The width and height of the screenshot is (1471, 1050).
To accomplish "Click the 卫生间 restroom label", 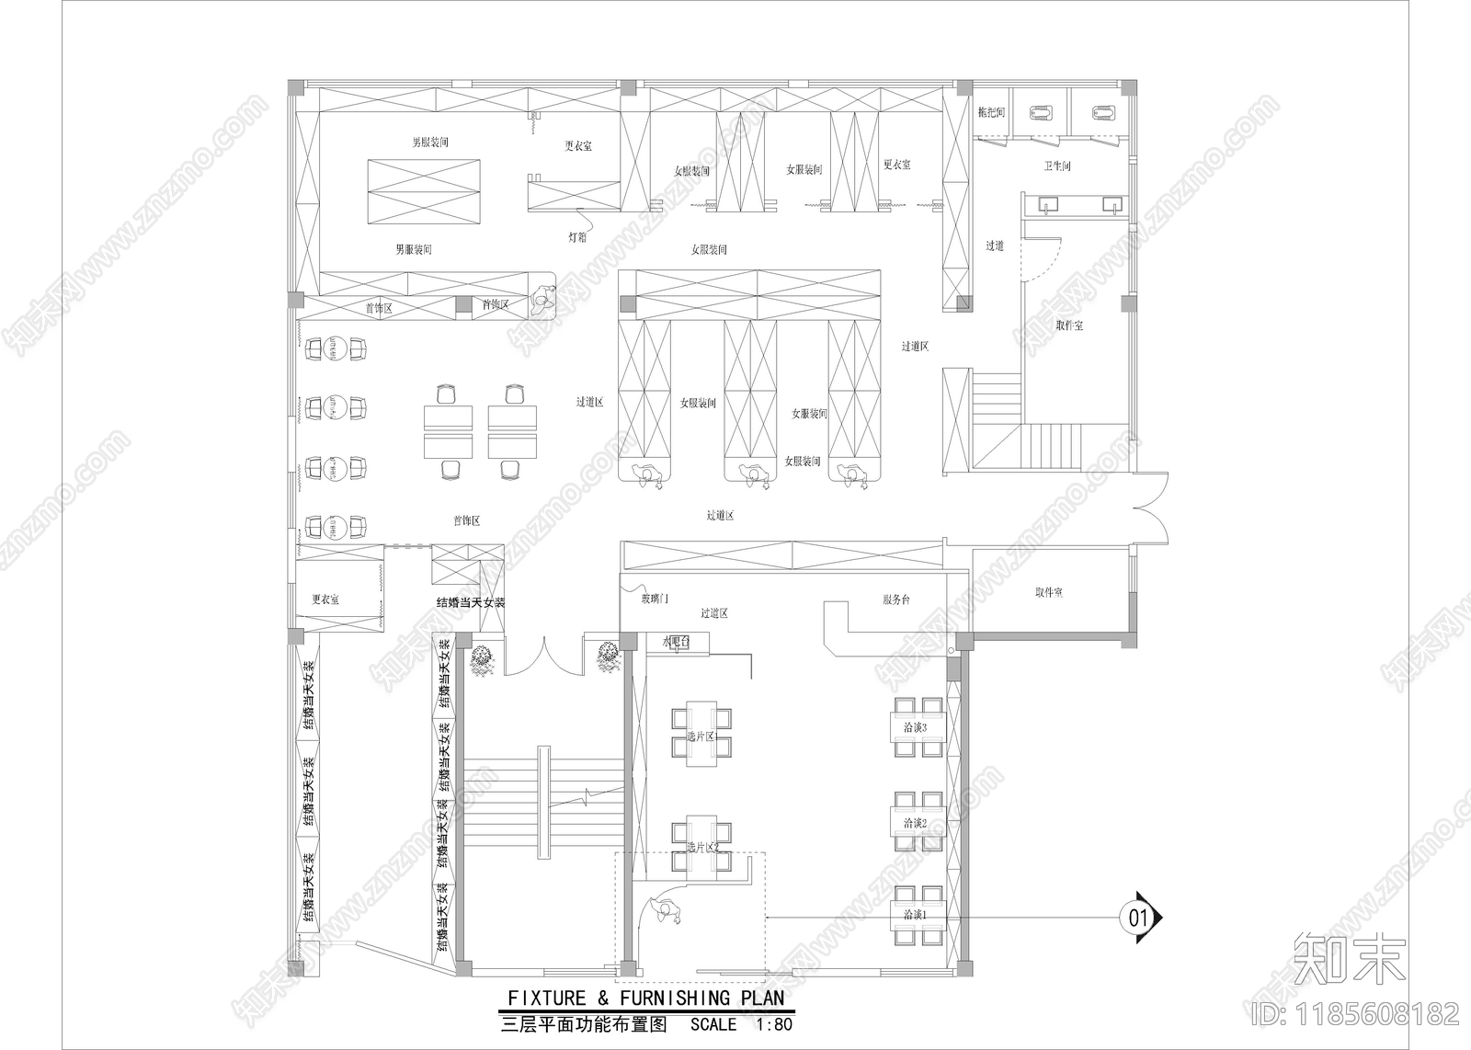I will click(1057, 166).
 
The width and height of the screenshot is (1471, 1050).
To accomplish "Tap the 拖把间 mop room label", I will click(991, 112).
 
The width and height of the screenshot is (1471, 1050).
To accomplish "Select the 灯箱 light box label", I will click(577, 237).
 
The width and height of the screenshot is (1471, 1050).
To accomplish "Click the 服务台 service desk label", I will click(896, 599).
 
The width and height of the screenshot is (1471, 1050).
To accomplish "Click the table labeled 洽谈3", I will click(915, 727).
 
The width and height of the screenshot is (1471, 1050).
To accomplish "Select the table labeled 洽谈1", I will click(915, 915).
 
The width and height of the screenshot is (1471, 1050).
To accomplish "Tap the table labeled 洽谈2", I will click(915, 823).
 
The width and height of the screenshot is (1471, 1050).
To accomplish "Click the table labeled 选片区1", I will click(701, 736).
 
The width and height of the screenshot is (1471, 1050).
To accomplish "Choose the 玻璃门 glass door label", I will click(655, 599).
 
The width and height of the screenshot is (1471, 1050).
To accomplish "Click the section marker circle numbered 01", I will click(1137, 917).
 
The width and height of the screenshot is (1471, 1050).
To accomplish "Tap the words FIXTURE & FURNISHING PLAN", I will click(646, 998).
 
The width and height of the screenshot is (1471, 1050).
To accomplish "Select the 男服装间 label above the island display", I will click(429, 143).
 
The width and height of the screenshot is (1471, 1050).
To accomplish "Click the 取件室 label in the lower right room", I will click(1048, 593).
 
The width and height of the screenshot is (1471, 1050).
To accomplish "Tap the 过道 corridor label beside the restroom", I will click(995, 245).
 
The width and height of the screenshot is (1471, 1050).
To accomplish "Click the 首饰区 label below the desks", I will click(466, 520).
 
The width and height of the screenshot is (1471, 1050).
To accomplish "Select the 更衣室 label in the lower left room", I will click(325, 599).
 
